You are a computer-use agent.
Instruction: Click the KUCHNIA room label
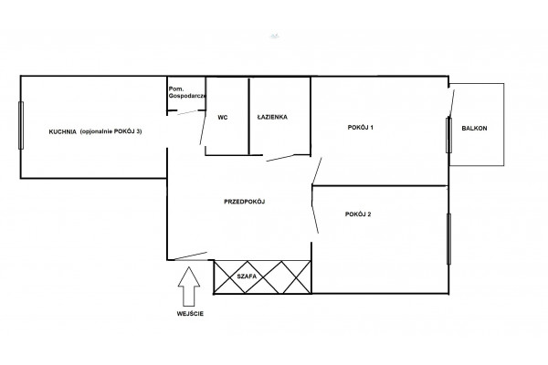pos(62,131)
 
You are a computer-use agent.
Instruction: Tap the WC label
pos(223,118)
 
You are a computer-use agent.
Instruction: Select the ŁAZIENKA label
pos(272,117)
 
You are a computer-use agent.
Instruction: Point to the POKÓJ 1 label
pos(361,128)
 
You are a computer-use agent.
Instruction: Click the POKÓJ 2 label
pos(358,214)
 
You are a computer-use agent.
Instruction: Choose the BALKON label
pos(474,128)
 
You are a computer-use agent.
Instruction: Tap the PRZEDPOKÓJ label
pos(244,202)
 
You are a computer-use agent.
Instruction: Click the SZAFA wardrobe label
pos(247,276)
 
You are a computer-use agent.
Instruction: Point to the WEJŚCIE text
pos(190,314)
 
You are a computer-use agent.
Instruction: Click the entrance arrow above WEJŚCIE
pos(189,287)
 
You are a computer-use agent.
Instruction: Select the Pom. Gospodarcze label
pos(187,92)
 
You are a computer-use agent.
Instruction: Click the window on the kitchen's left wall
pos(21,125)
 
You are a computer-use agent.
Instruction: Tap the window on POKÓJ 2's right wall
pos(448,239)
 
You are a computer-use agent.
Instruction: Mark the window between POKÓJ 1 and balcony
pos(448,135)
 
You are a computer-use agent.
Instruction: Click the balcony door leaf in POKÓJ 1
pos(451,103)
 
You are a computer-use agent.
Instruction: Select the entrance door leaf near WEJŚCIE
pos(191,256)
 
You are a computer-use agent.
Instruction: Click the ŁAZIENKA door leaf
pos(280,158)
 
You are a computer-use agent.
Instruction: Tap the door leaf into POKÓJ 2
pos(315,211)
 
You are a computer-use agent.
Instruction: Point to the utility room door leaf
pos(187,112)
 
